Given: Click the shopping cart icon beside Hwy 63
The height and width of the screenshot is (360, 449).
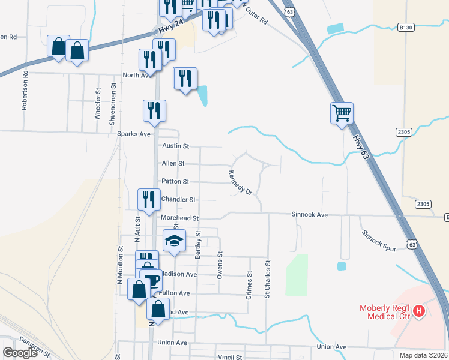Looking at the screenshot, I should coord(342,112).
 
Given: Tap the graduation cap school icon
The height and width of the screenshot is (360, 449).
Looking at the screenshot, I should coord(174,241).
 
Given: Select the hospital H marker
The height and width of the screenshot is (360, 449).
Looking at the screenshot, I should coord(420,311).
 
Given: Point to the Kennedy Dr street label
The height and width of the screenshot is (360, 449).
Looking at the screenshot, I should coord(240,182).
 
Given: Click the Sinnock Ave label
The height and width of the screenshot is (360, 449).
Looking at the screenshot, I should coord(310,214).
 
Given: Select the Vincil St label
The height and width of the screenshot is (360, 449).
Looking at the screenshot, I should coord(230,357).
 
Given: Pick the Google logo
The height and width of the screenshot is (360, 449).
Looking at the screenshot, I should coord(20,353).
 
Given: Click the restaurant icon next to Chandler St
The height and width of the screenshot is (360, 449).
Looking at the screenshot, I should coord(149,199).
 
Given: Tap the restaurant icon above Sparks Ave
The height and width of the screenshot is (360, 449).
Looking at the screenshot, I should coord(154,110).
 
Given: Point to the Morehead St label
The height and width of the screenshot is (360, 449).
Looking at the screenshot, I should coord(179,217).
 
